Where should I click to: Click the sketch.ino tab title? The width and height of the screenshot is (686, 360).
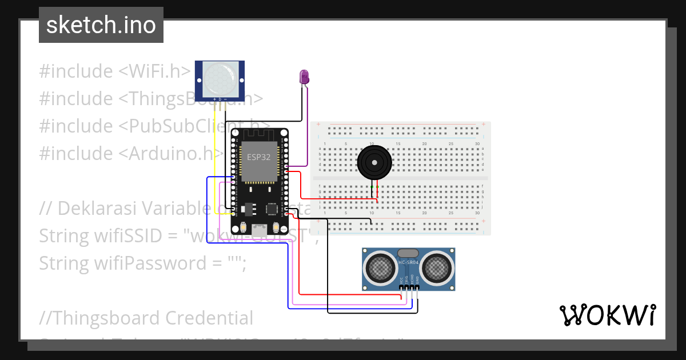(x=101, y=25)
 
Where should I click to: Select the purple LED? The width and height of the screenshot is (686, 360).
(x=305, y=77)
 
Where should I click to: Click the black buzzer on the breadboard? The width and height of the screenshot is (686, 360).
(x=375, y=162)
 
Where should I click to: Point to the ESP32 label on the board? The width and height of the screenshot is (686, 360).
(x=258, y=157)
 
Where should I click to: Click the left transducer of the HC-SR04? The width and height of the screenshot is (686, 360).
(x=380, y=267)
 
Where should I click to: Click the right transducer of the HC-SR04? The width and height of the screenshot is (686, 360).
(x=437, y=267)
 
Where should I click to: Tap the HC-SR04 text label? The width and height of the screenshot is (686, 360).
(x=409, y=262)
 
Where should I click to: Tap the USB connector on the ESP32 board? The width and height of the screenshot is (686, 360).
(x=260, y=230)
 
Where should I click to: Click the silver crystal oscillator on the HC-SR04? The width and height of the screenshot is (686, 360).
(x=408, y=253)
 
